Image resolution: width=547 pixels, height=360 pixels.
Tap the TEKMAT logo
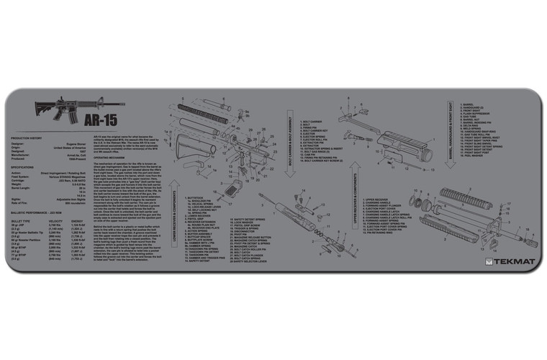click(508, 261)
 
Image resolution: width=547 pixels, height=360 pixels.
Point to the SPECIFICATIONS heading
click(25, 166)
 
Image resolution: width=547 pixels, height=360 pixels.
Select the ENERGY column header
click(78, 221)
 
